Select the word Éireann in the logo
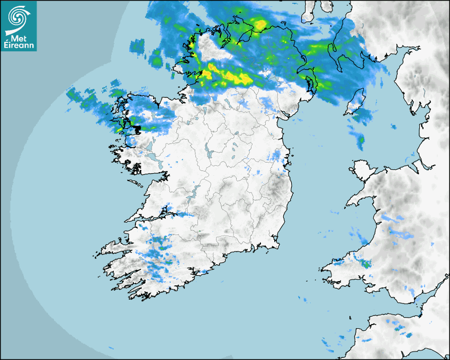coord(19,46)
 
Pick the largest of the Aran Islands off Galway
coord(133,183)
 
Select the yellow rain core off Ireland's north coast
coord(259,24)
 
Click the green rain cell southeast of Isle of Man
coord(361,141)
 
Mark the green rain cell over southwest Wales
coord(366,263)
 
